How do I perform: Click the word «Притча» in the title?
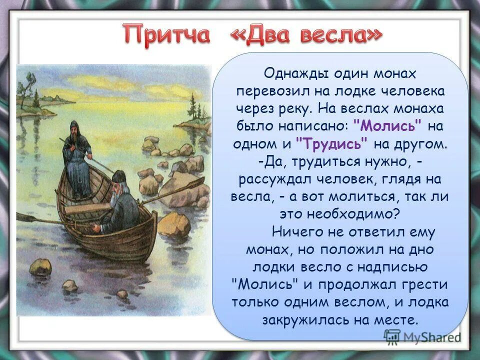coord(167,36)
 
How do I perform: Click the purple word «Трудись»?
coord(332,143)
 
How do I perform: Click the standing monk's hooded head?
coord(73,127)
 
